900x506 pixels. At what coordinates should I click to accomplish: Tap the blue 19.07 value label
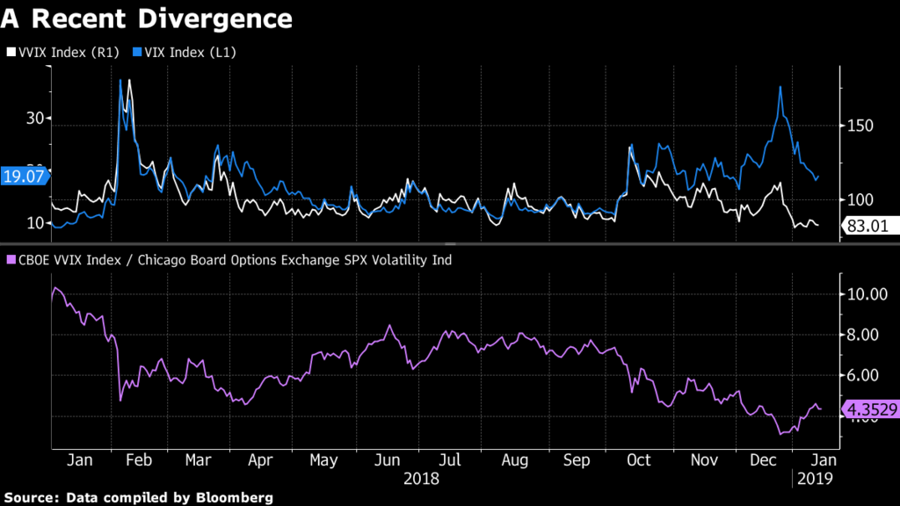[x=24, y=176]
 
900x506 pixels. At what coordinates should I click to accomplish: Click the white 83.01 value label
[x=867, y=227]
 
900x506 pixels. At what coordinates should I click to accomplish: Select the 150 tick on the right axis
[x=861, y=126]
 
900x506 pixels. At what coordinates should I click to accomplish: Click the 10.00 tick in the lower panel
[x=866, y=294]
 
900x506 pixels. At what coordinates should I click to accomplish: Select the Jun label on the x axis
[x=388, y=459]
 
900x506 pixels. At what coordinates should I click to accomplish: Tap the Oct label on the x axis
[x=638, y=459]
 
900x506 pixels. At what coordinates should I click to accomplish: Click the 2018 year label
[x=420, y=479]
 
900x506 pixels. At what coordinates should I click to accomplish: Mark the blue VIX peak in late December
[x=780, y=86]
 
